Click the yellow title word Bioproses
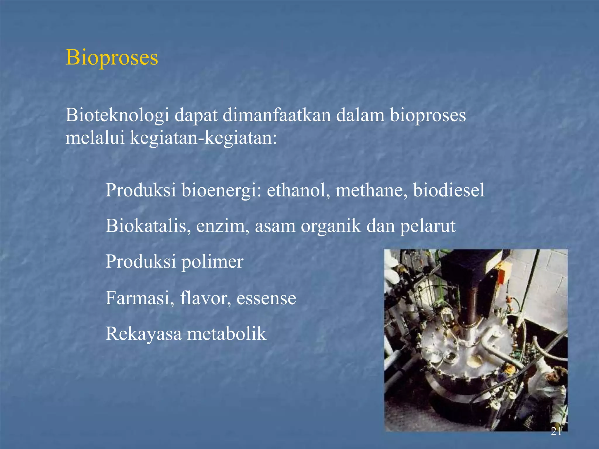pos(112,57)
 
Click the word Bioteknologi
pos(117,115)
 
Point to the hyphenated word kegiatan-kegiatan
pos(203,138)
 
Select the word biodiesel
pos(449,190)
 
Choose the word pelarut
pos(428,226)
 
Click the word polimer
pos(212,262)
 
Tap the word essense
pos(266,298)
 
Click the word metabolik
pos(226,334)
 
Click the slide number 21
pos(556,431)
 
